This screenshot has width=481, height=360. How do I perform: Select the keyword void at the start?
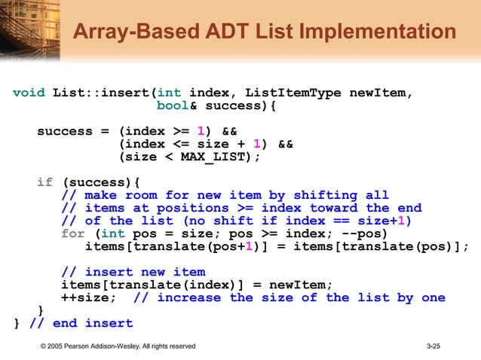29,93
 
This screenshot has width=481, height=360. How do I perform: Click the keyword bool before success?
172,106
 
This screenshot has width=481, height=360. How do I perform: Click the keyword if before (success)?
45,182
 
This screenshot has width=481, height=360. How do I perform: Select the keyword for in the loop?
73,233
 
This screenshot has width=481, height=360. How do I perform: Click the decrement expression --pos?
365,233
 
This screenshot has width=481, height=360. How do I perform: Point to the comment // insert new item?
133,272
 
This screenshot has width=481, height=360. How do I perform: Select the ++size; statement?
89,297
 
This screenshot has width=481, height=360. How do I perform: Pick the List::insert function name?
100,93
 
